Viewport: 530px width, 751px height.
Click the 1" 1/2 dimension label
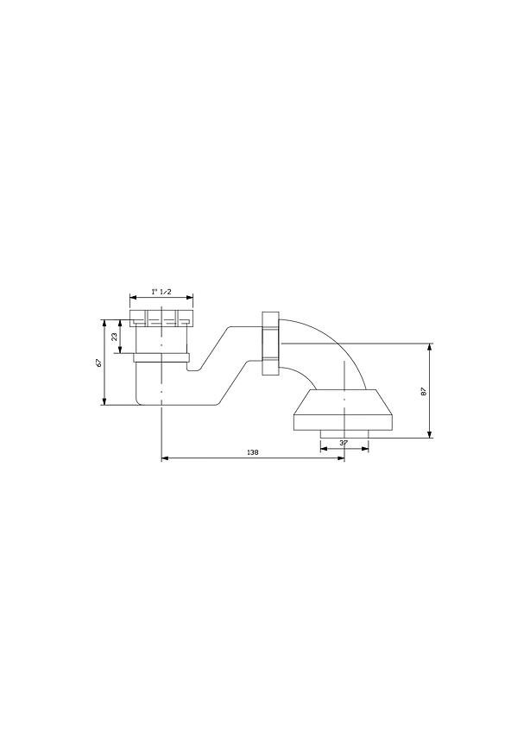[x=161, y=291]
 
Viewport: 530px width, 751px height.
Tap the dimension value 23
[x=115, y=337]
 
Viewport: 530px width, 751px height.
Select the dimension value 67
[x=98, y=363]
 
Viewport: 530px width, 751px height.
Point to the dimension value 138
[x=252, y=452]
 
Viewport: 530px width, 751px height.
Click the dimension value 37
[x=344, y=443]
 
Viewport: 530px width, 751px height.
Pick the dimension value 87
[x=423, y=391]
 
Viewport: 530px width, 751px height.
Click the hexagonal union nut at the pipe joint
[x=270, y=343]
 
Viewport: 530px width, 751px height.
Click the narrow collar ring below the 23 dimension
[x=161, y=357]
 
